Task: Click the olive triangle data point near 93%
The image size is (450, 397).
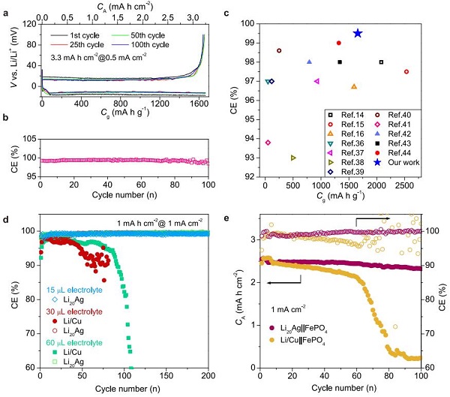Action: (x=293, y=158)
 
